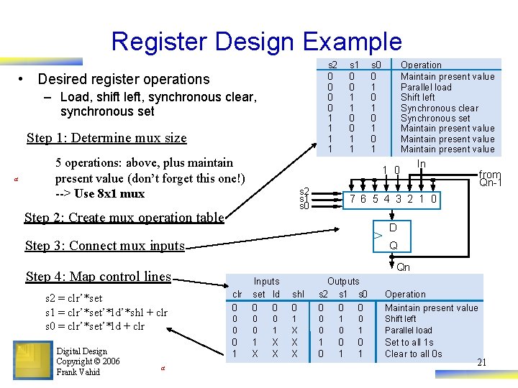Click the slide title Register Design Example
tap(256, 42)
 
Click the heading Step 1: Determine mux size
tap(106, 138)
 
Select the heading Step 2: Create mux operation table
tap(124, 218)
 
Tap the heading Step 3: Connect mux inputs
tap(105, 246)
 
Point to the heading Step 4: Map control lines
tap(99, 277)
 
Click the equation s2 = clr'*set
tap(74, 298)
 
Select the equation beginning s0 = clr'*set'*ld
tap(95, 325)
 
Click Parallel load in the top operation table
tap(426, 87)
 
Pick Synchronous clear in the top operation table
tap(439, 108)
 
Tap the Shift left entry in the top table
tap(417, 97)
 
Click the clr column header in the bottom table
tap(237, 294)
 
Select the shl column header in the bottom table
tap(298, 294)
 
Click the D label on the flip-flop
tap(393, 228)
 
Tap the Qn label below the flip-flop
tap(404, 267)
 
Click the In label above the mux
tap(422, 165)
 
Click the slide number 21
tap(481, 363)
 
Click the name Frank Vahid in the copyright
tap(79, 371)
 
